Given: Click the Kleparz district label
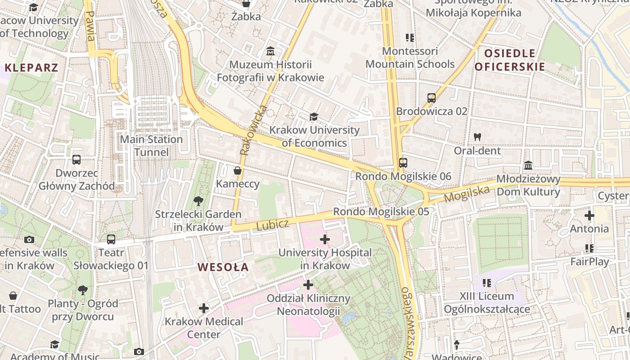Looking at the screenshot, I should tap(31, 68).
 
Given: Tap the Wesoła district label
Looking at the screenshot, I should tap(223, 267).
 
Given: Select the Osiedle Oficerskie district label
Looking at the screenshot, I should tap(510, 60).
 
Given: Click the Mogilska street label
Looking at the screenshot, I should tap(467, 194).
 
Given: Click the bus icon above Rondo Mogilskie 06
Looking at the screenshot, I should tap(403, 163).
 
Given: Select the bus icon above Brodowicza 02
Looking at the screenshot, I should tap(432, 98).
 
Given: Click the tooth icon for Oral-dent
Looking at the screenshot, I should tap(477, 137).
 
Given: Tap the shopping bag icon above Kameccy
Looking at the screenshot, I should tap(238, 171).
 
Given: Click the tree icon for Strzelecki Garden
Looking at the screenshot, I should tap(198, 201).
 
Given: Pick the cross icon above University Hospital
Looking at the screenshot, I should tap(325, 239).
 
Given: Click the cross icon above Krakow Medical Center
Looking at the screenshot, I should tap(204, 308).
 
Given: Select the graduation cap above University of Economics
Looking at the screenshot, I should tap(314, 117).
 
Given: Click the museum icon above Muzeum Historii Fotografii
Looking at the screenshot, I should tap(270, 51).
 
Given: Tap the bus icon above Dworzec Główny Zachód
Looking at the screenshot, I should tap(76, 160).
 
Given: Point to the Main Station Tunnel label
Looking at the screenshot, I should tap(151, 146).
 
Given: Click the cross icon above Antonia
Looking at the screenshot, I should tap(589, 216).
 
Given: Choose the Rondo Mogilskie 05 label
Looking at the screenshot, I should tap(381, 211).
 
